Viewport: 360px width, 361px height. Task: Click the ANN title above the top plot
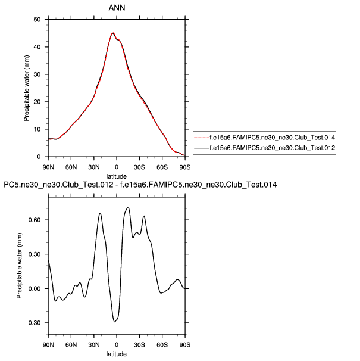(x=116, y=8)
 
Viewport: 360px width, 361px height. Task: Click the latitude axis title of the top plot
(x=117, y=175)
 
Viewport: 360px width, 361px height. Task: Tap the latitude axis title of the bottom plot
(x=117, y=354)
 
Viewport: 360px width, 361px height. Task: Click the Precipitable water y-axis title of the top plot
(x=27, y=88)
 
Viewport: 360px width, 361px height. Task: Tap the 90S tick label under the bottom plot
(x=186, y=345)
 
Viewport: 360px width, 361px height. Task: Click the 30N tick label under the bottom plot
(x=94, y=345)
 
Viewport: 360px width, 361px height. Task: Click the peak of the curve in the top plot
(x=112, y=33)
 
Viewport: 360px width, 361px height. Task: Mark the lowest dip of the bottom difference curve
(x=114, y=322)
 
